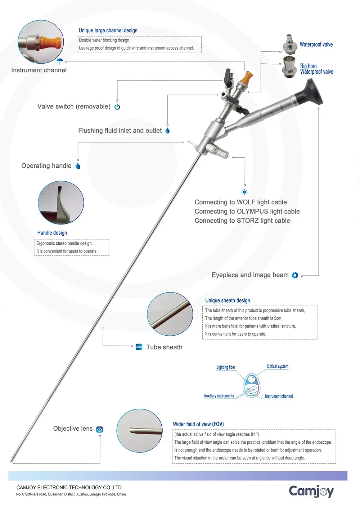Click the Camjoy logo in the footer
click(x=311, y=491)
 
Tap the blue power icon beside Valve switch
click(x=117, y=107)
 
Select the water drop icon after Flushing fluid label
click(x=167, y=131)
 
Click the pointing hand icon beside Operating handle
click(x=78, y=166)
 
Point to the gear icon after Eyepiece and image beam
click(x=295, y=275)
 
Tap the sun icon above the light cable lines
click(x=244, y=192)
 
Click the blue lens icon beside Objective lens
click(x=99, y=430)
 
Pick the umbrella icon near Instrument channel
click(x=60, y=61)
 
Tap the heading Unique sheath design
click(x=228, y=300)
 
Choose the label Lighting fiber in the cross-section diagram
click(x=226, y=367)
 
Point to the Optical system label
click(x=278, y=366)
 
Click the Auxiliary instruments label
click(x=219, y=396)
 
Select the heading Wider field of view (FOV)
click(x=198, y=424)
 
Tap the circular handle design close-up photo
click(x=61, y=203)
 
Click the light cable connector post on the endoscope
click(x=220, y=151)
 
